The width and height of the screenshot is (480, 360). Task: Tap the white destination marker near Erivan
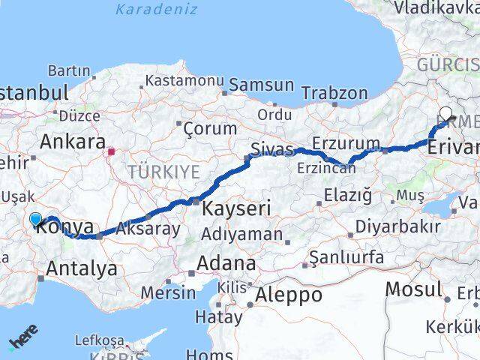446,115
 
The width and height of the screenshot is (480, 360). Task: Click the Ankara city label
72,141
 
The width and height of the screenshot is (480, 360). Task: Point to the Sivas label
271,149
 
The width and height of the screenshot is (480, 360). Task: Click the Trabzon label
334,94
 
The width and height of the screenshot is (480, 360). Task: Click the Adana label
226,263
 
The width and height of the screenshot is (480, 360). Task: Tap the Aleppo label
289,295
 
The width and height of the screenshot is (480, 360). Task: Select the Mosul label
413,289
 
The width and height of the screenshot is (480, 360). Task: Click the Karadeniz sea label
157,10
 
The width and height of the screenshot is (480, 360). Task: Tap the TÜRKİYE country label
163,172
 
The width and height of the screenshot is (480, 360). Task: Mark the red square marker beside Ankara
111,151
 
